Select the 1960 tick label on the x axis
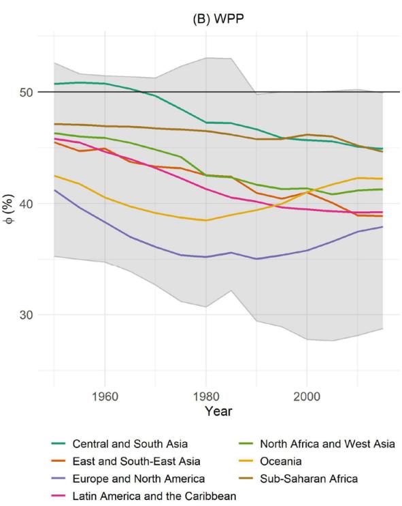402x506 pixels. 105,396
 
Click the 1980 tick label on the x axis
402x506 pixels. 205,396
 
